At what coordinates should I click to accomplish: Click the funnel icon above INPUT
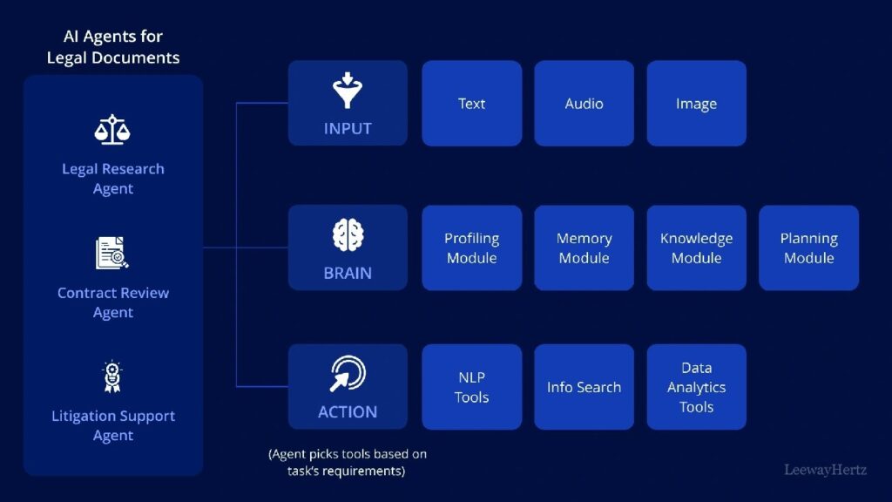(x=348, y=91)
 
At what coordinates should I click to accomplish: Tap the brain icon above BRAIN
(x=348, y=235)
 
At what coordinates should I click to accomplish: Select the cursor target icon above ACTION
(x=348, y=375)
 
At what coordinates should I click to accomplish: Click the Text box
(x=471, y=103)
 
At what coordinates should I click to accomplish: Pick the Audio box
(x=584, y=103)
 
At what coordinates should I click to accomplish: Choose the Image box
(x=696, y=103)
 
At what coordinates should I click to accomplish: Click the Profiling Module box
(x=471, y=248)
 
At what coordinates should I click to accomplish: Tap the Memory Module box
(x=584, y=248)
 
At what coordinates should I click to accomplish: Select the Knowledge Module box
(x=696, y=248)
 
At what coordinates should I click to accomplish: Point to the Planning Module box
(x=808, y=248)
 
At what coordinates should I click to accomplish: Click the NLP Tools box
(x=471, y=387)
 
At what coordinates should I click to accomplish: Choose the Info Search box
(x=584, y=387)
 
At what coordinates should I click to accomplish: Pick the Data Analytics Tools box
(x=696, y=387)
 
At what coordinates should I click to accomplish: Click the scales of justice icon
(x=112, y=131)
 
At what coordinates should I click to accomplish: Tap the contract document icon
(x=112, y=254)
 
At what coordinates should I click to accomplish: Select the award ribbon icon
(x=112, y=377)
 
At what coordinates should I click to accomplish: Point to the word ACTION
(x=348, y=412)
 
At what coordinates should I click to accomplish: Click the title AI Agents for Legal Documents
(x=113, y=48)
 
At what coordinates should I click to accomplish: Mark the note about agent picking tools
(x=348, y=463)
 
